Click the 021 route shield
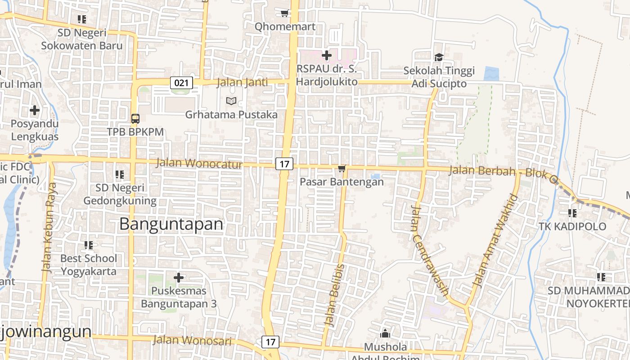(182, 83)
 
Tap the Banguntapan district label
(171, 224)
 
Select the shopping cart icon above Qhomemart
(284, 13)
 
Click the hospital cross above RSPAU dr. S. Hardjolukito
(327, 55)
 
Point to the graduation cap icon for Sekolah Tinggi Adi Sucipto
(439, 57)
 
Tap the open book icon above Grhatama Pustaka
(231, 101)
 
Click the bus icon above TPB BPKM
(135, 119)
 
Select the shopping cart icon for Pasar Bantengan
(342, 169)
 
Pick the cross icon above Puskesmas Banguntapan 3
(179, 278)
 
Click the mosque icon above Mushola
(385, 333)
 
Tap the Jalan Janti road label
(242, 82)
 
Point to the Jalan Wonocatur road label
(199, 163)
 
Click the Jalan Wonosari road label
(192, 340)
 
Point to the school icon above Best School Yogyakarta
(89, 245)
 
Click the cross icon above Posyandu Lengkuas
(35, 110)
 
